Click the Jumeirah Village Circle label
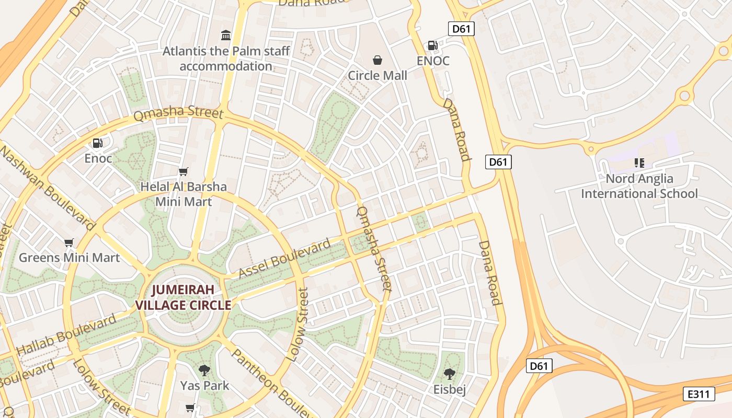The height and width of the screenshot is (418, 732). pos(183,297)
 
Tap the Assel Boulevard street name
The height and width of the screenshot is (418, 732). pos(284,258)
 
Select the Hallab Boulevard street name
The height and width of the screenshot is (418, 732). pos(66,335)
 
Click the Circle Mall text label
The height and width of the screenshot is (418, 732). pos(378,75)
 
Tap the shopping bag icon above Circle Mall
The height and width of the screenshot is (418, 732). pos(378,60)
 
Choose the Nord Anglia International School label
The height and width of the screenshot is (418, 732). pos(639,186)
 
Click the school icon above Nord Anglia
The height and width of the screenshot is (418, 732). pos(639,163)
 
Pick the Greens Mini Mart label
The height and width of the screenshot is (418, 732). pos(69,258)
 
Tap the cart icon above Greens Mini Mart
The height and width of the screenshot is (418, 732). pos(68,242)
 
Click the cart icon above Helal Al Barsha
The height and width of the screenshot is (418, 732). pos(183,171)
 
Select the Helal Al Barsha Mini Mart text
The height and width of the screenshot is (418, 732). pos(184,194)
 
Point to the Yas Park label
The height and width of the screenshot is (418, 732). pos(204,386)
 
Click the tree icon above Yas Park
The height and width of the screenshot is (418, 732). pos(204,370)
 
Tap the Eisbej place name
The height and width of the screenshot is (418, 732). pos(449,389)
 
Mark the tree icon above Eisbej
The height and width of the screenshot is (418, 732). pos(449,374)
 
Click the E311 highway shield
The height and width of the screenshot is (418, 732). pos(699,394)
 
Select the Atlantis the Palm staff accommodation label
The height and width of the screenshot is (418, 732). pos(226,59)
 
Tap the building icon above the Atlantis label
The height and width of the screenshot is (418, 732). pos(226,35)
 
